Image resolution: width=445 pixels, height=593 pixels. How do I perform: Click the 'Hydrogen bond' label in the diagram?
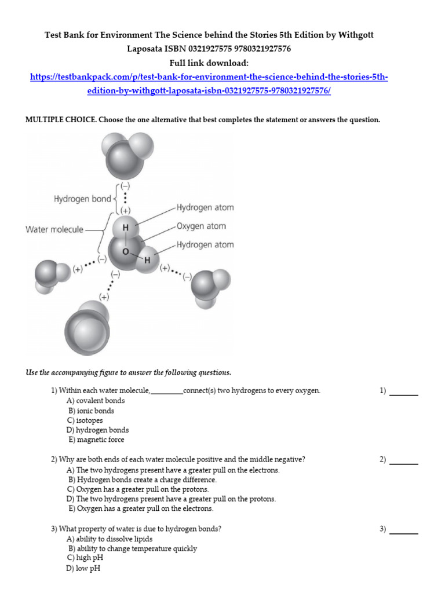point(82,199)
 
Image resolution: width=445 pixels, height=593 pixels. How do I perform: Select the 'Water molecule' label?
point(54,229)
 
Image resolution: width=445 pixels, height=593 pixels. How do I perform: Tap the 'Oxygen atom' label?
point(201,226)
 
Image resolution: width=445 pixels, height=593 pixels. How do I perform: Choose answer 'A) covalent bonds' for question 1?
point(96,401)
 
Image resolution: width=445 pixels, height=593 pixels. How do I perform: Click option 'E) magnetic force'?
point(96,440)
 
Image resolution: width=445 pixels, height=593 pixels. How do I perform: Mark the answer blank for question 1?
point(404,391)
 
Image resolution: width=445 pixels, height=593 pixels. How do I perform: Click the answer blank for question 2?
point(404,460)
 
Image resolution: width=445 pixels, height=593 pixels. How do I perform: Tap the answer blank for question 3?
point(404,529)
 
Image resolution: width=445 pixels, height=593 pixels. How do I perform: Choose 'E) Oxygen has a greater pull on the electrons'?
point(141,509)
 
